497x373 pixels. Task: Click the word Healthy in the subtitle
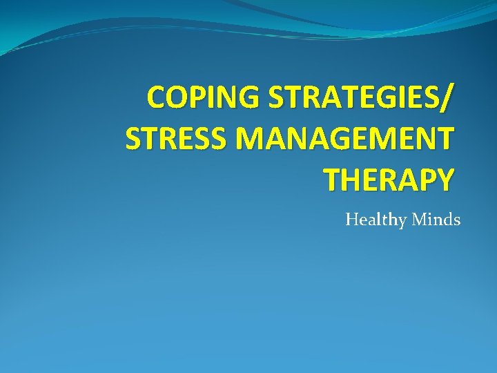point(376,220)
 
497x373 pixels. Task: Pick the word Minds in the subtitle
point(436,220)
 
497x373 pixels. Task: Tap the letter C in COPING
point(158,98)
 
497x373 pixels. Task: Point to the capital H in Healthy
point(352,220)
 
